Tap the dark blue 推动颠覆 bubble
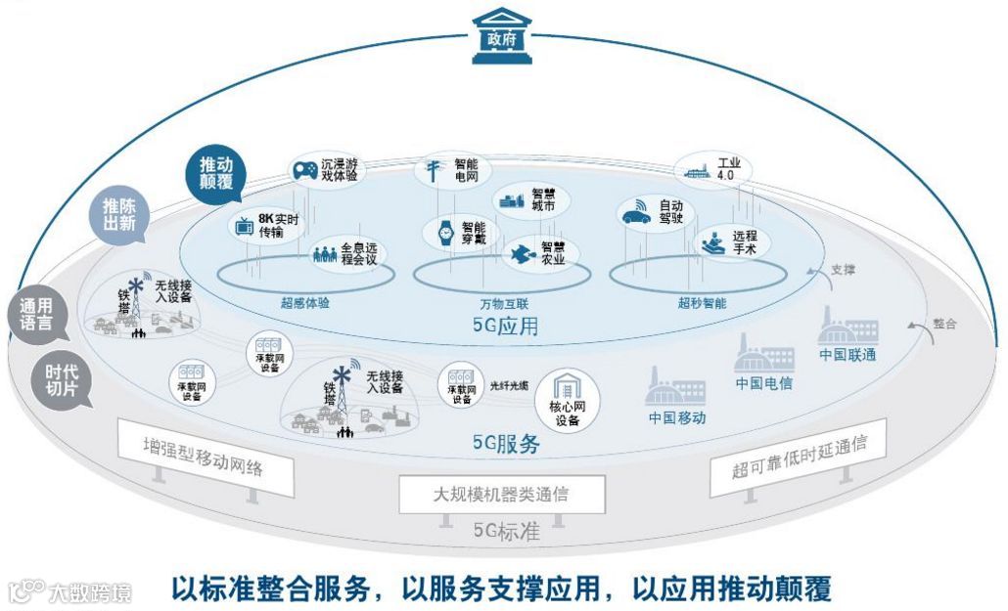point(215,173)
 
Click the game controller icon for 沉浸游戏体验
point(305,170)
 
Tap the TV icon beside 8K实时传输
point(244,226)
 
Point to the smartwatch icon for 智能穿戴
point(445,233)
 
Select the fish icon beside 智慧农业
point(520,253)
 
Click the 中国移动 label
point(677,417)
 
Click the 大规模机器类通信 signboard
point(501,494)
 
